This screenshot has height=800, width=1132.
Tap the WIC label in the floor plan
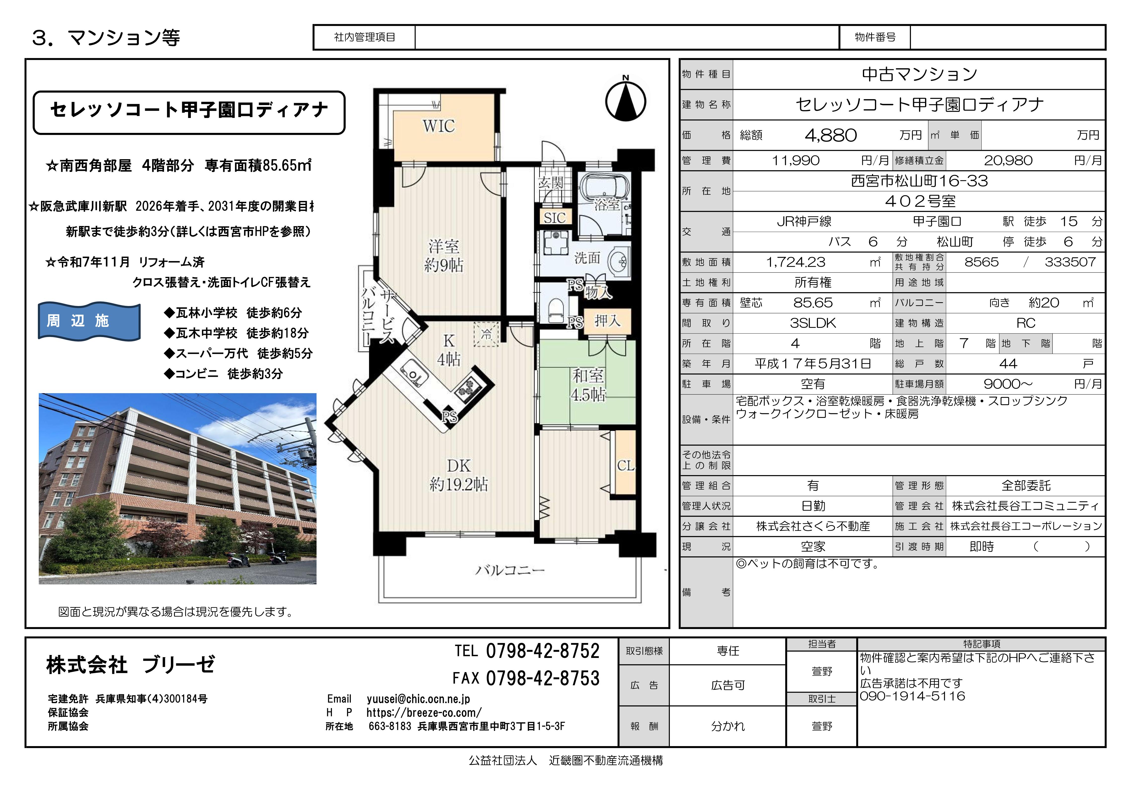click(x=438, y=126)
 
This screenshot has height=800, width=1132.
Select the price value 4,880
click(x=831, y=135)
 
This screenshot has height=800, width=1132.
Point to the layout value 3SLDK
click(x=813, y=323)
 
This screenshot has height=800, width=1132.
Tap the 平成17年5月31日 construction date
click(x=813, y=364)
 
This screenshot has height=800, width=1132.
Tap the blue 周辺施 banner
click(x=89, y=321)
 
